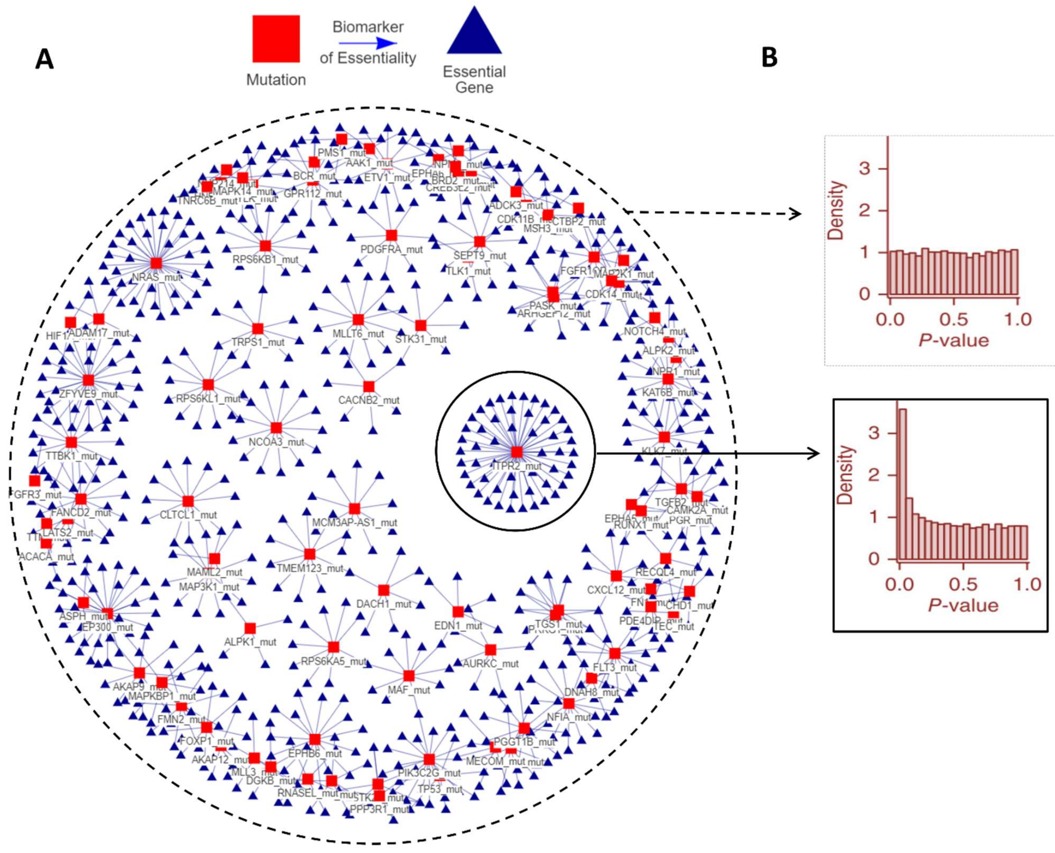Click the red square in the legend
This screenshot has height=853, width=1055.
pyautogui.click(x=276, y=39)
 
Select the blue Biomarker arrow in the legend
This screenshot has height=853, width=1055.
pyautogui.click(x=368, y=43)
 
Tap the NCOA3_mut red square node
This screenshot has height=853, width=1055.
pyautogui.click(x=276, y=427)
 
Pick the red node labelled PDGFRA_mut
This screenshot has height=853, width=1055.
pyautogui.click(x=391, y=235)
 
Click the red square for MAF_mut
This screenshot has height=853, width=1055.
pyautogui.click(x=409, y=676)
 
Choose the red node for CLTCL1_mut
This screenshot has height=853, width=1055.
pyautogui.click(x=188, y=501)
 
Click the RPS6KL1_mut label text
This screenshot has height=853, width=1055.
pyautogui.click(x=208, y=399)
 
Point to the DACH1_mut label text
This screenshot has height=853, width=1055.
pyautogui.click(x=384, y=604)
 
